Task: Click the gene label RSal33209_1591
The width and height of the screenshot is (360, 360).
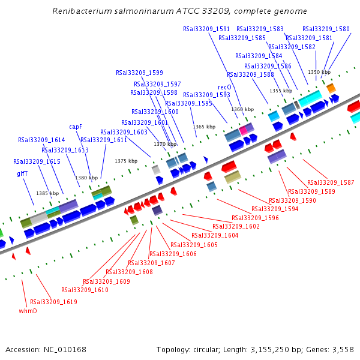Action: click(206, 29)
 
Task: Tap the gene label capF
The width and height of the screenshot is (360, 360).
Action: click(76, 127)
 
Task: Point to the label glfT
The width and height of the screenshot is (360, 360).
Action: click(22, 173)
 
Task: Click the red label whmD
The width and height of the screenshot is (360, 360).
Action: click(28, 311)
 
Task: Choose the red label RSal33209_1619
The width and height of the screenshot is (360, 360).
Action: click(53, 302)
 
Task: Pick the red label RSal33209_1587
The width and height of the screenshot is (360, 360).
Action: click(331, 182)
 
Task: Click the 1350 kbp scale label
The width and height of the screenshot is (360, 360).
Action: click(319, 72)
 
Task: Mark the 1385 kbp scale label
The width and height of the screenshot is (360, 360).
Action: click(47, 193)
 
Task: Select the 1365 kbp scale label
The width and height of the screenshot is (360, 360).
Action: click(204, 127)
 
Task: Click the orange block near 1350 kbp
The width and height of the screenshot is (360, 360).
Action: click(331, 88)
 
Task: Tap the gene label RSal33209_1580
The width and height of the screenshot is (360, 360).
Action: click(326, 29)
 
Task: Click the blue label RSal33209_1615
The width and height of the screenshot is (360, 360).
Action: click(37, 161)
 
